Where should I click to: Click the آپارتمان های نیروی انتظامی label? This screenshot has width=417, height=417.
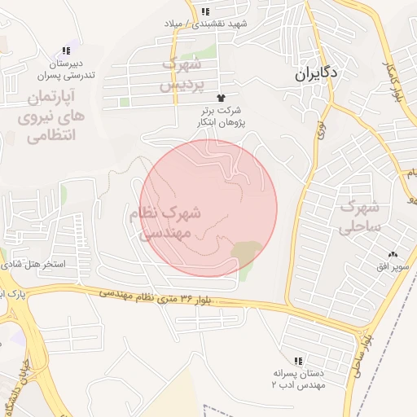pos(50,117)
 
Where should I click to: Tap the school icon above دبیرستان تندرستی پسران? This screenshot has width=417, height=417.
pos(66,50)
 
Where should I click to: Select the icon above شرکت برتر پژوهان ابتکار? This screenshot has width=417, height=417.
pos(221,97)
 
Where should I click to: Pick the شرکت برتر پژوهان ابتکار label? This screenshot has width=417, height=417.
pos(221,116)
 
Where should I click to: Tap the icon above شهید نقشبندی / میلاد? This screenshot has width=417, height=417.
pos(206,11)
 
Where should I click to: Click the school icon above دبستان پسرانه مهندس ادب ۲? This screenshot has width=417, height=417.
pos(298,360)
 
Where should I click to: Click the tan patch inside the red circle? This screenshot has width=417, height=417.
pos(246,252)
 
